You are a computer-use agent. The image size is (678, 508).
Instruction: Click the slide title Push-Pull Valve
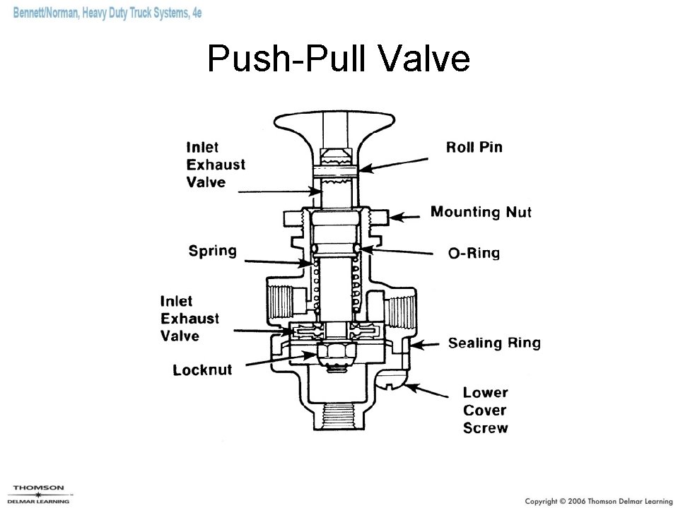pyautogui.click(x=339, y=59)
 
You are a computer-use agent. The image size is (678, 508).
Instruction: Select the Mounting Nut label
pyautogui.click(x=481, y=211)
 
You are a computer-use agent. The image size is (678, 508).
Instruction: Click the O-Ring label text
pyautogui.click(x=474, y=253)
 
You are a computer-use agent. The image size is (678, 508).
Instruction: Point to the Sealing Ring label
pyautogui.click(x=494, y=343)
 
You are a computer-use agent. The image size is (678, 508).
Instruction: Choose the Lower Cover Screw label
pyautogui.click(x=485, y=410)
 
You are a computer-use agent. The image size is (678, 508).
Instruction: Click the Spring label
pyautogui.click(x=213, y=251)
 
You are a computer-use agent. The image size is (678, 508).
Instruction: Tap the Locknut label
pyautogui.click(x=202, y=370)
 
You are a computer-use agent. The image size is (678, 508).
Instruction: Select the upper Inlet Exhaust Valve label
pyautogui.click(x=216, y=165)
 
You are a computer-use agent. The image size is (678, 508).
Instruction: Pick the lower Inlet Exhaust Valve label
pyautogui.click(x=189, y=319)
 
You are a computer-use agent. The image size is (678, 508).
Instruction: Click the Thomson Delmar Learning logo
pyautogui.click(x=40, y=494)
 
